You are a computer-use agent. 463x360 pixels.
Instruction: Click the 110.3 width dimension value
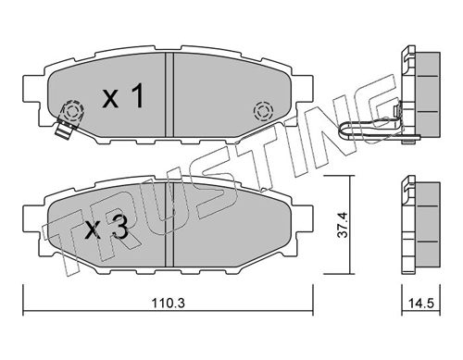[168, 304]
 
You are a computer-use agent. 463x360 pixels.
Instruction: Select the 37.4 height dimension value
[343, 224]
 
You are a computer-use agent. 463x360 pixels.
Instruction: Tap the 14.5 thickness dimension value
[421, 304]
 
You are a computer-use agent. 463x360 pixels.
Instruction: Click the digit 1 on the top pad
[137, 95]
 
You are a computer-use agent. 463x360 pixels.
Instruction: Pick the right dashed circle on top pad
[263, 111]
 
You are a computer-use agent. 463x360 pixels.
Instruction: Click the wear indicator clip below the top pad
[64, 130]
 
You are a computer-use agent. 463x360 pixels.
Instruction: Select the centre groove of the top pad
[169, 94]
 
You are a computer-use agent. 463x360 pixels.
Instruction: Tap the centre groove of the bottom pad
[170, 225]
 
